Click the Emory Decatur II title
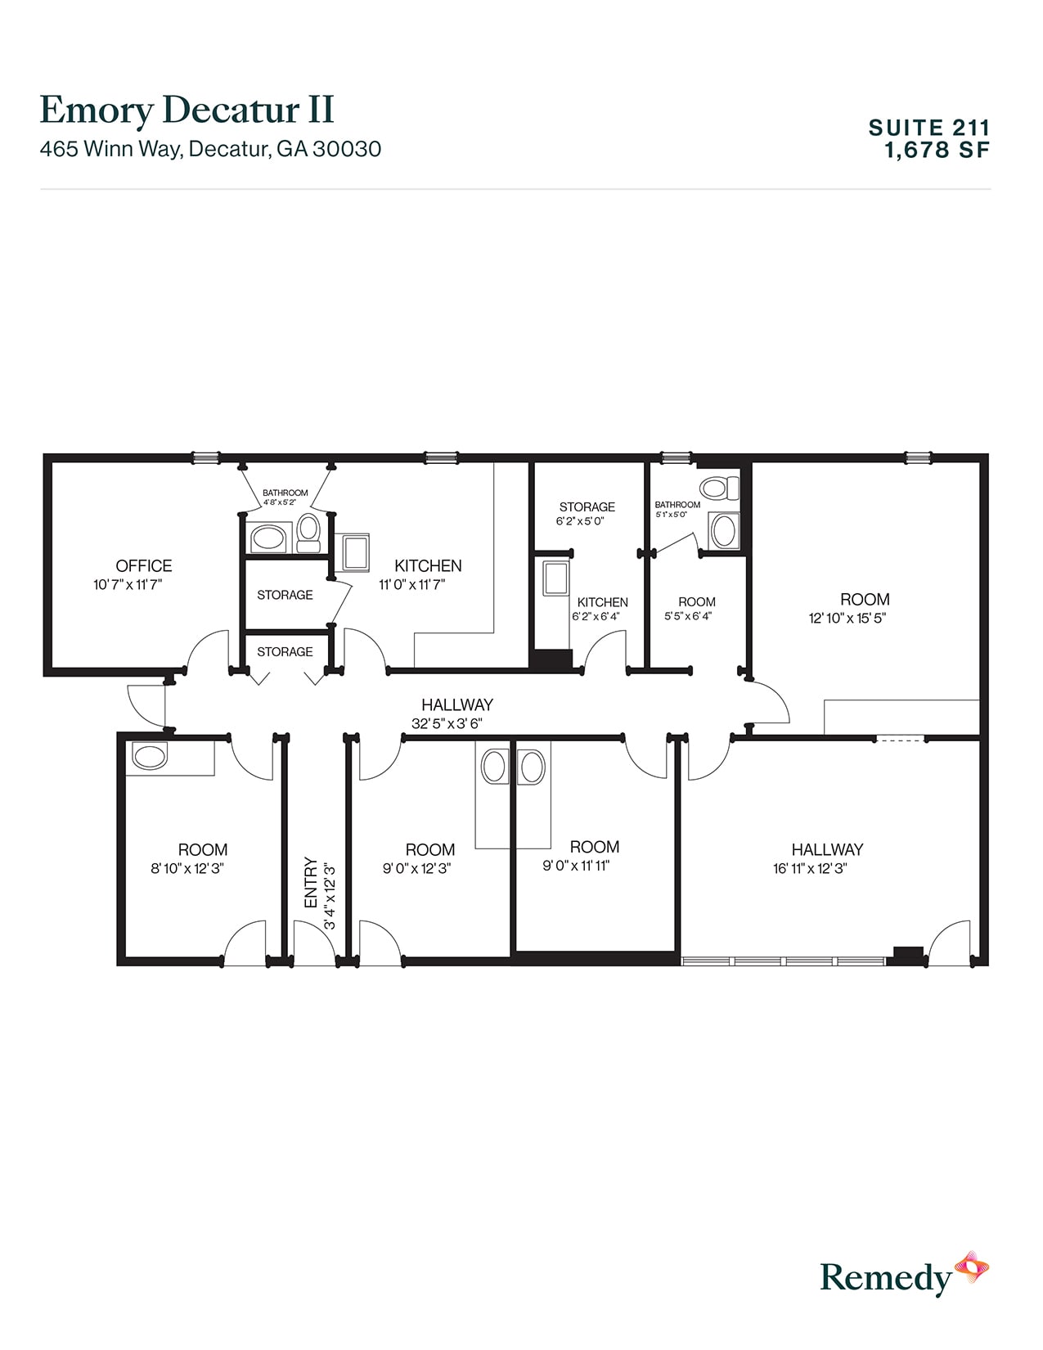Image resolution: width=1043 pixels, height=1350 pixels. [187, 110]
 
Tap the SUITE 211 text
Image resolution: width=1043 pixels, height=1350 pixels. [928, 128]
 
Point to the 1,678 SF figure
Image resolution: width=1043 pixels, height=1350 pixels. [937, 151]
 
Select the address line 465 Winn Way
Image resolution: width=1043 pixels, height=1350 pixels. [210, 149]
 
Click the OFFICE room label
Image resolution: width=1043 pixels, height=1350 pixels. [143, 565]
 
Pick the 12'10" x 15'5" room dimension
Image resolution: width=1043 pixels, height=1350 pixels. [847, 619]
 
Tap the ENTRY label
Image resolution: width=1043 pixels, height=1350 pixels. [311, 882]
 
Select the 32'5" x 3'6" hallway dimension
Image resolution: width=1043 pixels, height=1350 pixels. [447, 723]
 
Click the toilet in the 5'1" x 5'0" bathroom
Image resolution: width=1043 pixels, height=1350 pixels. [718, 488]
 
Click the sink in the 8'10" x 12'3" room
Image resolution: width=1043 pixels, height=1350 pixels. [150, 756]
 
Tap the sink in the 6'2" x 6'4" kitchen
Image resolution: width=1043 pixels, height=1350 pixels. [556, 578]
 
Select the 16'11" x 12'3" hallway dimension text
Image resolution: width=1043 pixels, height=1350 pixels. [809, 869]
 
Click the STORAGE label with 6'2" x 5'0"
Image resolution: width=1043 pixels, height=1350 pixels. [587, 507]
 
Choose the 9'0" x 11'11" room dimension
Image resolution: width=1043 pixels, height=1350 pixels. [576, 866]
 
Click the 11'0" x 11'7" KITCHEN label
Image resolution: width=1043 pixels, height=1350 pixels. [428, 565]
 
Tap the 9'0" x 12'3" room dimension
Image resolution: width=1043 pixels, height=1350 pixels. [416, 869]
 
